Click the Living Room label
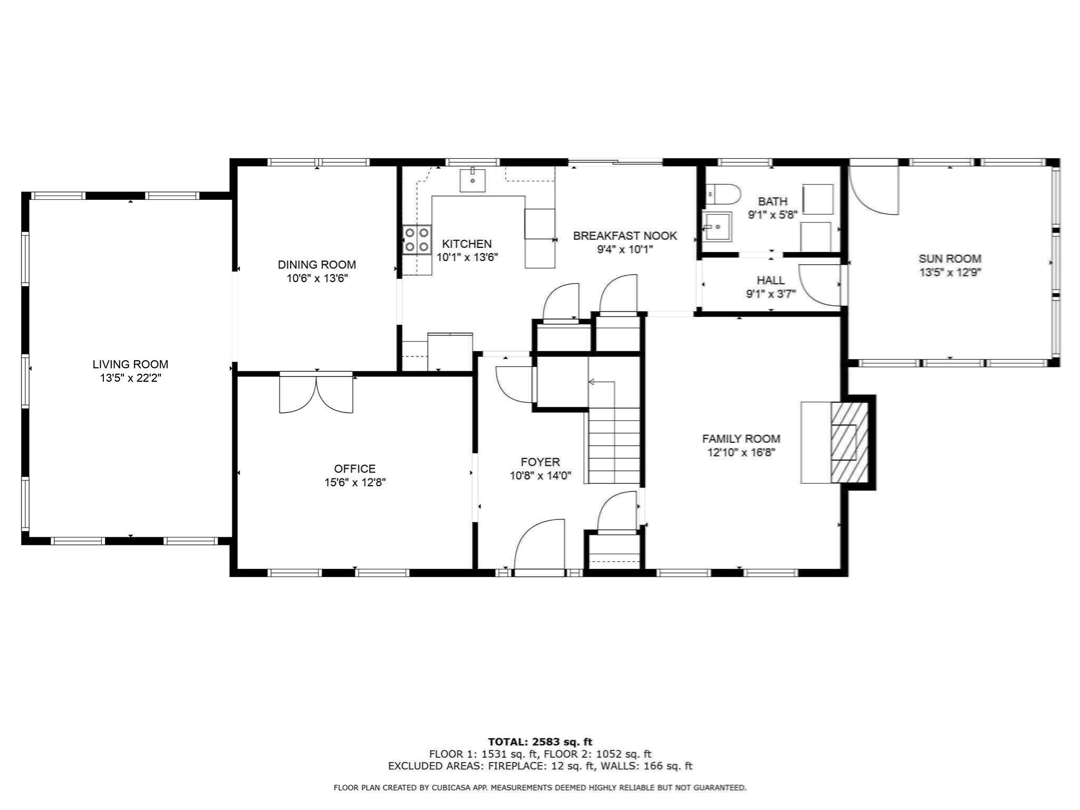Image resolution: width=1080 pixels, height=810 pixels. tap(130, 364)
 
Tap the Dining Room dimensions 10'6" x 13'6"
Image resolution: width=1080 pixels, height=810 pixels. tap(317, 278)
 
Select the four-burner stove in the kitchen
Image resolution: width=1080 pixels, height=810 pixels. tap(417, 239)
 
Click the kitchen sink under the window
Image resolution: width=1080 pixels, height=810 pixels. tap(472, 180)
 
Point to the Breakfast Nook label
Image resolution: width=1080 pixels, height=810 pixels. tap(625, 236)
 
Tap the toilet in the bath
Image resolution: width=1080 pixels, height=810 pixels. tap(722, 194)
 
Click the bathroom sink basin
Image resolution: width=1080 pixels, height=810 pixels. tap(718, 227)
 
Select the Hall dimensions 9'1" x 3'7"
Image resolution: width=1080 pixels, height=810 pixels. tap(770, 294)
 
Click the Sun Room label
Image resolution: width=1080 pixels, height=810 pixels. tap(950, 258)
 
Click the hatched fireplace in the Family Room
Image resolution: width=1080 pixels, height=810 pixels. tap(849, 442)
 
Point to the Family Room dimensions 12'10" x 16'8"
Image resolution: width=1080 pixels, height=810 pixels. tap(741, 452)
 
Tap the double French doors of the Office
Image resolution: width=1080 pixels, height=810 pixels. tap(316, 393)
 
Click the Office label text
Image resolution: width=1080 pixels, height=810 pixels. tap(355, 468)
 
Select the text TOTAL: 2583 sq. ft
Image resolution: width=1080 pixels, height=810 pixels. tap(540, 742)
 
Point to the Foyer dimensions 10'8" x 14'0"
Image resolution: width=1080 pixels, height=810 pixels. tap(540, 476)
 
